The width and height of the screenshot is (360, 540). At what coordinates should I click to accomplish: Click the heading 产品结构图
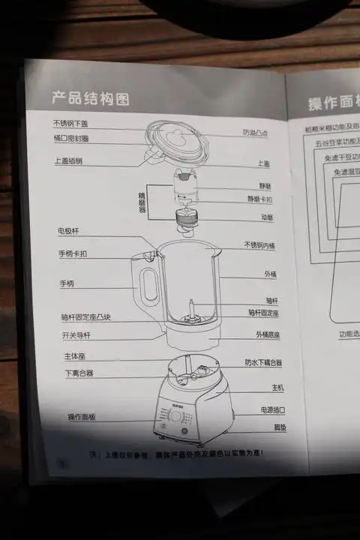pyautogui.click(x=90, y=98)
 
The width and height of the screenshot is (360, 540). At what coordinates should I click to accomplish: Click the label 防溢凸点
pyautogui.click(x=256, y=132)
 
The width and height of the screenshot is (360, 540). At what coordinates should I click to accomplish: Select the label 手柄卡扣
pyautogui.click(x=73, y=253)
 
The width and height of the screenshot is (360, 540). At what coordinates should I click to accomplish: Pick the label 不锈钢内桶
pyautogui.click(x=259, y=245)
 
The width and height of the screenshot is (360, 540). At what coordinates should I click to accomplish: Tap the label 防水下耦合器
pyautogui.click(x=263, y=362)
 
